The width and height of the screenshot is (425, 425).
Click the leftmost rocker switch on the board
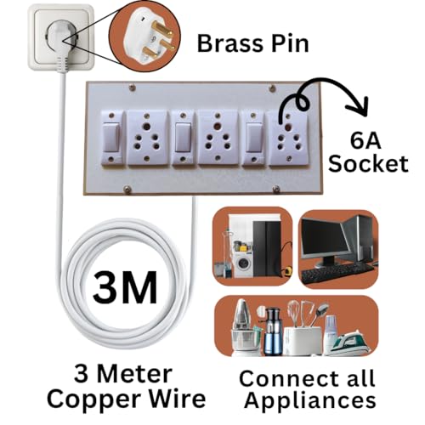(x=111, y=138)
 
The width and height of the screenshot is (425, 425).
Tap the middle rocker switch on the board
(x=183, y=138)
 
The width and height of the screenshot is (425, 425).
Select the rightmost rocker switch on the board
(x=253, y=138)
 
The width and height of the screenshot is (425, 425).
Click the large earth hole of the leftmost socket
(x=147, y=126)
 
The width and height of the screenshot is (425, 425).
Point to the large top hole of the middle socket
(x=218, y=126)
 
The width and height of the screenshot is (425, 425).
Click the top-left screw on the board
(x=132, y=88)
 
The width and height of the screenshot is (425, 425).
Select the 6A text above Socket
(x=365, y=141)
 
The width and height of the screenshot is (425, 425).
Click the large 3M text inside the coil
(x=125, y=287)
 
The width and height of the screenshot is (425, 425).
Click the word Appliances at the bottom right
(x=310, y=400)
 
